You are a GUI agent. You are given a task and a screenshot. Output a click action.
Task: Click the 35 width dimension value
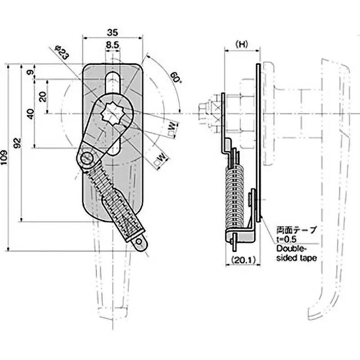click(x=112, y=32)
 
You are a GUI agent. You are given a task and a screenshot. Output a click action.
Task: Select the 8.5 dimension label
click(x=112, y=45)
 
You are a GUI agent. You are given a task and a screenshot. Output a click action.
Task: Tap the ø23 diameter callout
click(x=62, y=52)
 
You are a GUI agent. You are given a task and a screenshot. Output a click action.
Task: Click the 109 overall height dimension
click(x=4, y=157)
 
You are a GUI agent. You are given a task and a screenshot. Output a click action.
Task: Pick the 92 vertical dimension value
click(x=18, y=143)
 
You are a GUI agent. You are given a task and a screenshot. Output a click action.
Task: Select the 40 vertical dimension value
click(x=30, y=114)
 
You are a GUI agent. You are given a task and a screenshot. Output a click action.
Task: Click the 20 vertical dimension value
click(x=43, y=96)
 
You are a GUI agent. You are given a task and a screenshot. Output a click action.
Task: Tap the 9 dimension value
click(x=30, y=72)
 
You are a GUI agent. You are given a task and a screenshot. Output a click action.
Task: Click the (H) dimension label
click(x=242, y=44)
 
